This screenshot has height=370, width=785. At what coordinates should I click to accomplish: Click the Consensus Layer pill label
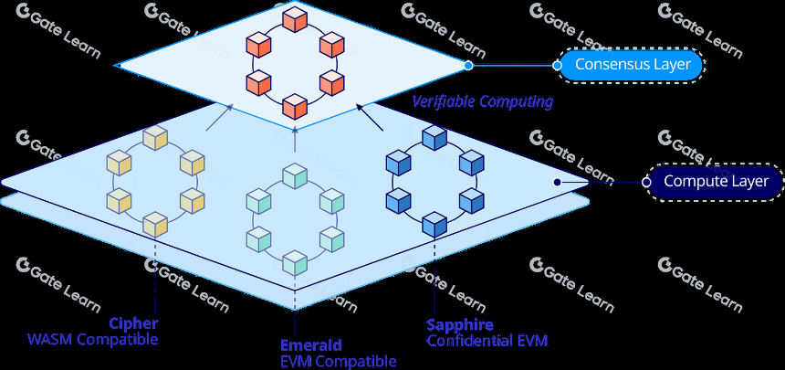633,65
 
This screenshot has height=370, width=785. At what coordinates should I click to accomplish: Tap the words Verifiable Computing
483,102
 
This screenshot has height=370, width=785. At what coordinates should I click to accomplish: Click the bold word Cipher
133,322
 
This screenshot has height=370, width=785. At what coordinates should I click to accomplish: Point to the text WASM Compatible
93,340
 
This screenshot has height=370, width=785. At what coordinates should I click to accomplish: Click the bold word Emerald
311,345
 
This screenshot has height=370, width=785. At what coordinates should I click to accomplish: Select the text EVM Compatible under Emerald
339,361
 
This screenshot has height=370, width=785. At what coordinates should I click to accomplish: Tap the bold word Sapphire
459,325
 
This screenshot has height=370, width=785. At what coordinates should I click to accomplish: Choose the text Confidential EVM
487,341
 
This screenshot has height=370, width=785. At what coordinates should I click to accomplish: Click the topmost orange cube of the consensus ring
294,19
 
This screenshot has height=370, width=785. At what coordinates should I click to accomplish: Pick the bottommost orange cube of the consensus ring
294,106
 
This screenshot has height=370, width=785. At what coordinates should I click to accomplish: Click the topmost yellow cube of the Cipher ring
154,138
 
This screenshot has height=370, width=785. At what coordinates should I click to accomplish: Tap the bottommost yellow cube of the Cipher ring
154,224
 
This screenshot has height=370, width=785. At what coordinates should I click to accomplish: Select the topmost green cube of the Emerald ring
294,176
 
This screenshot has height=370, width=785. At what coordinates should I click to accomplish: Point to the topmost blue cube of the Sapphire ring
434,138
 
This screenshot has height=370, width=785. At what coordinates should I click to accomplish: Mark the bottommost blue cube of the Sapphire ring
434,224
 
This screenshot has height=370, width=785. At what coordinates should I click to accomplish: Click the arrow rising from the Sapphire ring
370,117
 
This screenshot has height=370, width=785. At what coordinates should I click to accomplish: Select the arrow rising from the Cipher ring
219,117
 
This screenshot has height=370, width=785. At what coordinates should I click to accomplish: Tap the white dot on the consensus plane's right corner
468,65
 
